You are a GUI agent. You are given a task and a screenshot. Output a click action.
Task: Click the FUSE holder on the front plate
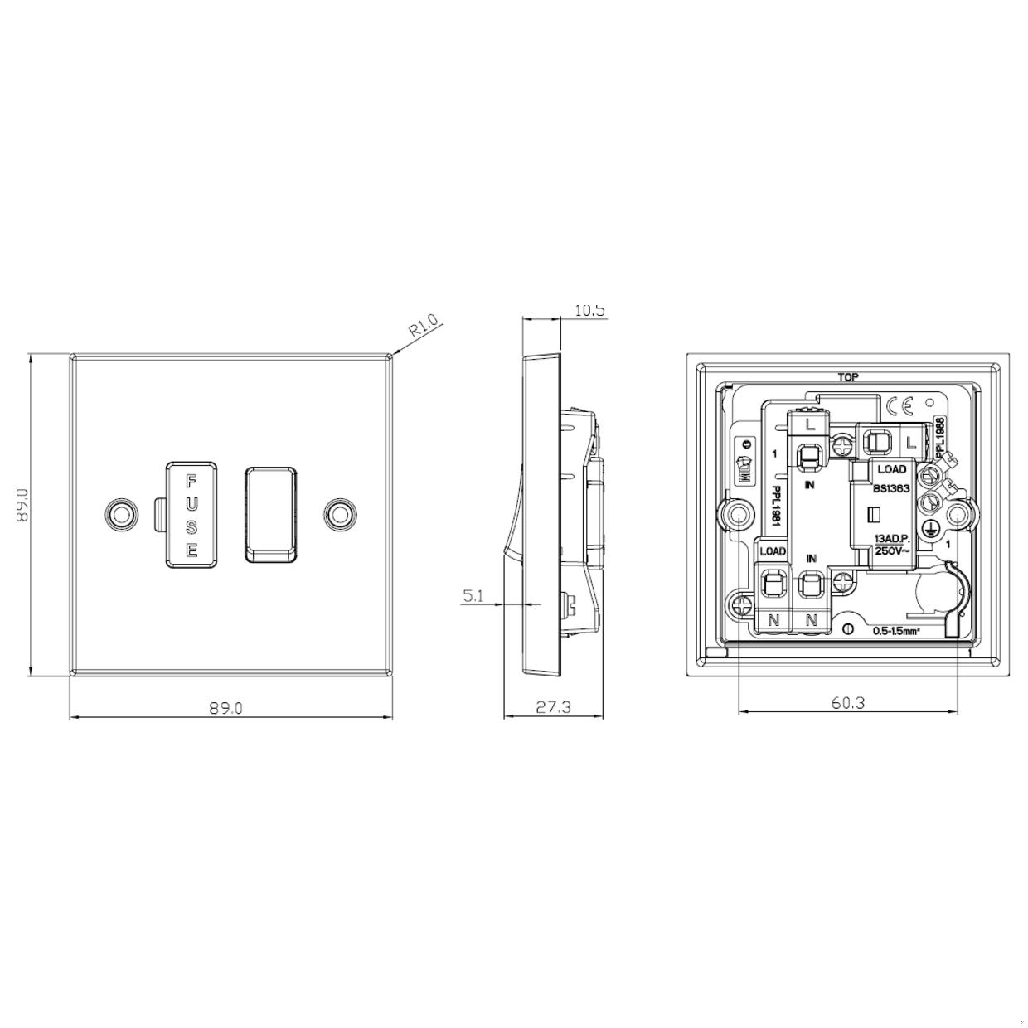pyautogui.click(x=192, y=514)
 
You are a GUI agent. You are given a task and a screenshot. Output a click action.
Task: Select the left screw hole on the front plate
pyautogui.click(x=122, y=514)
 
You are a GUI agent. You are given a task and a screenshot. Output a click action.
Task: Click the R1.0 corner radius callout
pyautogui.click(x=424, y=326)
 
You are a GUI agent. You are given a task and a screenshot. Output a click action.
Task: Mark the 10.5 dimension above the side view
pyautogui.click(x=589, y=311)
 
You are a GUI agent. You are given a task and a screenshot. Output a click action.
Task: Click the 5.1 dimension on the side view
pyautogui.click(x=473, y=594)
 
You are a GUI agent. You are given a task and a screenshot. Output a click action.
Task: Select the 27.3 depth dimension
pyautogui.click(x=553, y=707)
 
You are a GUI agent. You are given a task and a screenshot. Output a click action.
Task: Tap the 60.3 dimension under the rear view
pyautogui.click(x=847, y=702)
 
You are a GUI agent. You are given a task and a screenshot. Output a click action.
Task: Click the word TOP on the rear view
pyautogui.click(x=847, y=377)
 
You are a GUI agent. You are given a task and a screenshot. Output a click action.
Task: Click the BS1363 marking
pyautogui.click(x=892, y=488)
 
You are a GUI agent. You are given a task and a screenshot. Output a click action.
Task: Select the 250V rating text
pyautogui.click(x=892, y=551)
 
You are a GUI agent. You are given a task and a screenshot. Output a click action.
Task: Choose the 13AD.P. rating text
pyautogui.click(x=892, y=539)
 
